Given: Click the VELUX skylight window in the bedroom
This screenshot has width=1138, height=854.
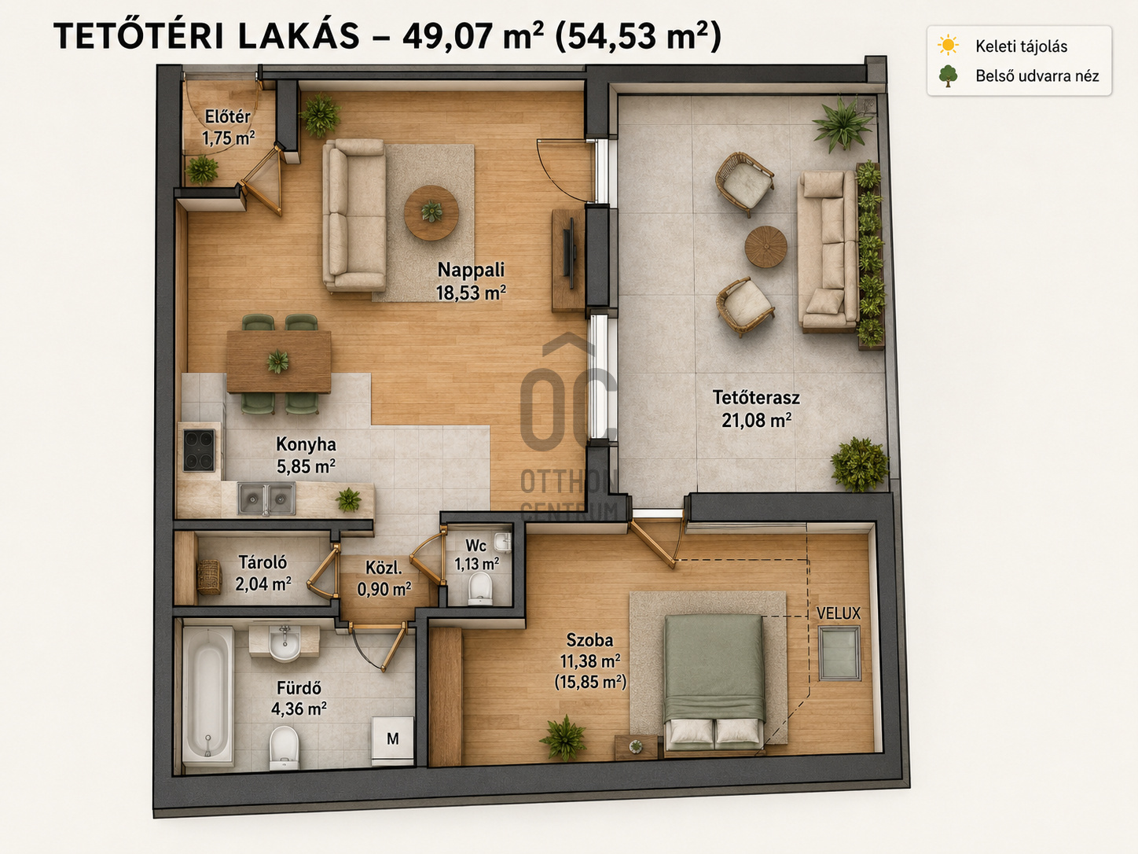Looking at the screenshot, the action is click(839, 653).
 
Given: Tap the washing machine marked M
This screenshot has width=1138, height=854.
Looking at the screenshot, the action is click(392, 741).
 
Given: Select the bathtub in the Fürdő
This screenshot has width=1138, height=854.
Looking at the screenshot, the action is click(208, 694).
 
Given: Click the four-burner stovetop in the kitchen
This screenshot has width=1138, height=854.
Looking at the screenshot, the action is click(199, 451).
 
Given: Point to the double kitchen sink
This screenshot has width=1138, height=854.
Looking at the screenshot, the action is click(266, 499).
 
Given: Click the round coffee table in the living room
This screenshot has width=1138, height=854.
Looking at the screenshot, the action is click(431, 212).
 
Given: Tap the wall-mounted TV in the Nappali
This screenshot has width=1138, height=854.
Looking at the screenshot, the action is click(571, 253).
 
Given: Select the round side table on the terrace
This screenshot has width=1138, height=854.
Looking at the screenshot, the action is click(765, 247).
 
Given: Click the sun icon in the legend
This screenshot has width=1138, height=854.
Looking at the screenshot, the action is click(949, 45).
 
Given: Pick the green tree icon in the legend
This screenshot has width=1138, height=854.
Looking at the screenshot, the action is click(949, 75).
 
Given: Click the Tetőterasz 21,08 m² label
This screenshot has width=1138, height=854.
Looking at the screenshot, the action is click(756, 409).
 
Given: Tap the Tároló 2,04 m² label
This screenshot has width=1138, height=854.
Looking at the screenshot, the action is click(262, 573).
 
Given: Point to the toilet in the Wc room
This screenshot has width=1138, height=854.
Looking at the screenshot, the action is click(480, 589).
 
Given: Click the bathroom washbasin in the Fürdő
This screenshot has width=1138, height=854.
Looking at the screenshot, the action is click(284, 643).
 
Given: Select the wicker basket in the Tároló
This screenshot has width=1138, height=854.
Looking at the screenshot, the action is click(209, 577).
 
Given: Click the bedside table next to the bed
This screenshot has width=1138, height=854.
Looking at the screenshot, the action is click(636, 747).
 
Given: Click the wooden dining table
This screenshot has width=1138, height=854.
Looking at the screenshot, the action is click(279, 362).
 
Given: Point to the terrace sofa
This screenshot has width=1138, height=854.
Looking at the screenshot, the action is click(828, 252).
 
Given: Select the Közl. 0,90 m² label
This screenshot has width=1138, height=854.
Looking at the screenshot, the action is click(384, 578).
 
